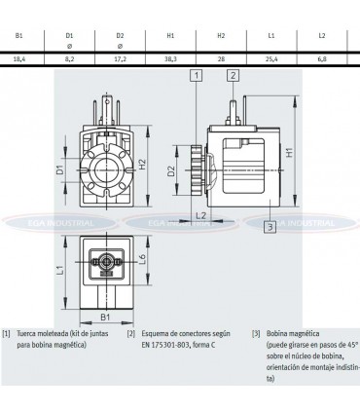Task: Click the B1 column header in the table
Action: coord(18,36)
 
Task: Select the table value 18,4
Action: coord(18,58)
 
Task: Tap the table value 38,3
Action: coord(169,58)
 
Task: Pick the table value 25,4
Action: coord(271,58)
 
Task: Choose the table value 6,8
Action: coord(322,58)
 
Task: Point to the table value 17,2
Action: coord(120,58)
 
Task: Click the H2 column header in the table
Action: coord(220,36)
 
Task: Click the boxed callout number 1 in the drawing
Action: coord(197,75)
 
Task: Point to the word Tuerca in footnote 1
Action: coord(28,333)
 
